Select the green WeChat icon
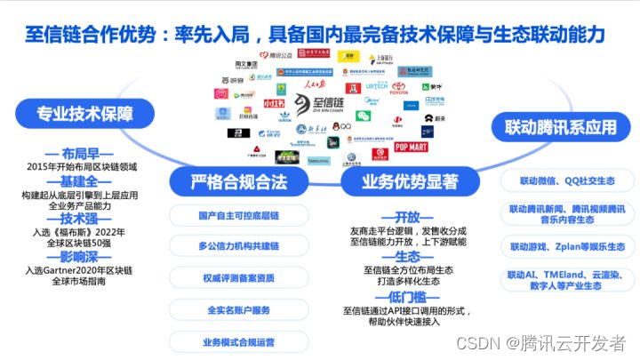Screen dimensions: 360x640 (363, 115)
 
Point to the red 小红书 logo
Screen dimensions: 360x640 (247, 103)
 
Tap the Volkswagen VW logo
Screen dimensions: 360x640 (351, 159)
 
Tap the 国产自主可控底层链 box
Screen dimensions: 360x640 (238, 215)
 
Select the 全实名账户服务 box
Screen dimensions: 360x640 (238, 309)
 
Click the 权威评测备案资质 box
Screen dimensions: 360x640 (238, 277)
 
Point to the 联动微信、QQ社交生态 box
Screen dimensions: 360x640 (561, 180)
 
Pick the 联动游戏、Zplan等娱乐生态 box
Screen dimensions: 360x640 (561, 244)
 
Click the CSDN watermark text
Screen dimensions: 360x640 (542, 342)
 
